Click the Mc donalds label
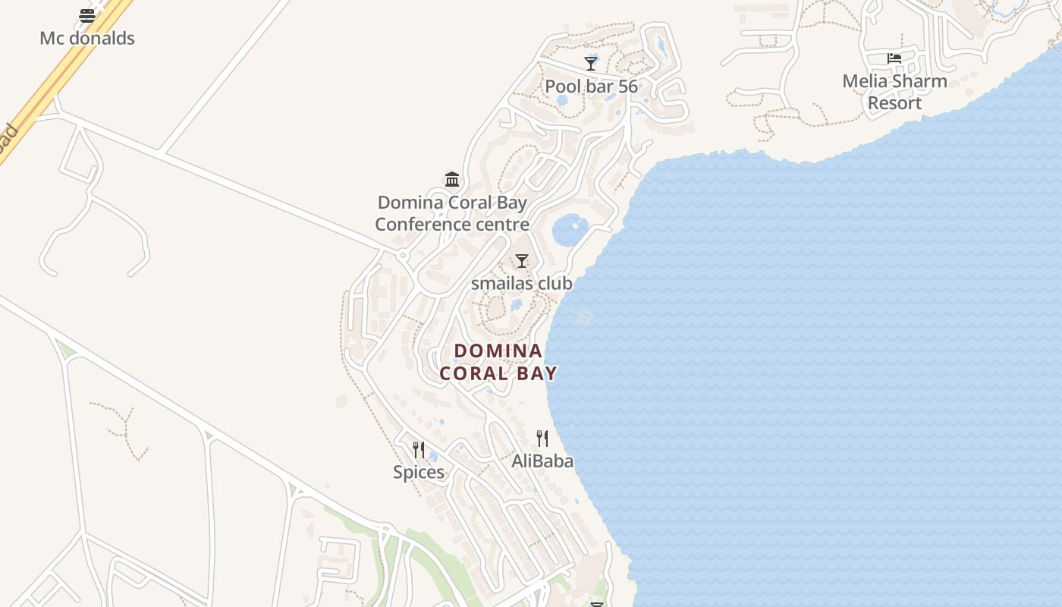[x=87, y=38]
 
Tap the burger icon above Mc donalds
[x=87, y=15]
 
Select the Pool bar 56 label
[x=592, y=86]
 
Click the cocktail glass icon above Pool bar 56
[x=591, y=62]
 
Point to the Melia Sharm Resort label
[x=895, y=92]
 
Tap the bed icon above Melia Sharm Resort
[x=894, y=58]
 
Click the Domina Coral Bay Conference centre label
[x=452, y=213]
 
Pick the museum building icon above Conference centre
[x=452, y=179]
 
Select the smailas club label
[x=522, y=283]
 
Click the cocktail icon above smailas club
[x=522, y=261]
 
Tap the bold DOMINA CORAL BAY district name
[x=498, y=362]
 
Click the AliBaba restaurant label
[x=542, y=461]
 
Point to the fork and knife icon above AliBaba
[x=542, y=438]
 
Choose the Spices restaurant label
[x=419, y=472]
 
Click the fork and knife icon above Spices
[x=419, y=449]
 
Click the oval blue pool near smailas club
[x=570, y=229]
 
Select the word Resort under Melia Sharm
[x=895, y=103]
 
